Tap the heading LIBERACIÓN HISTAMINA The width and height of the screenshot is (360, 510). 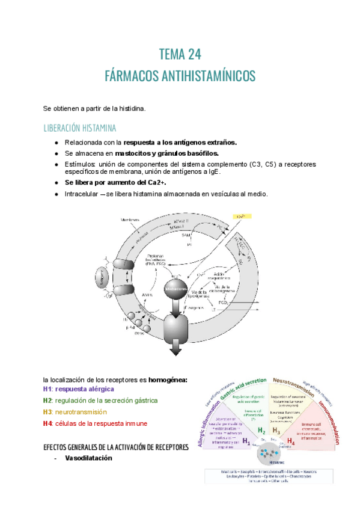tap(80, 128)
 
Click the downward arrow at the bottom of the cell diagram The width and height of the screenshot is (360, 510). tap(176, 349)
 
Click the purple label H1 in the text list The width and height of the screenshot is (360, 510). tap(47, 389)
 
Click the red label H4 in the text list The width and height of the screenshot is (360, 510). tap(47, 423)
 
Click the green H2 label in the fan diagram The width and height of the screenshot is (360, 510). tap(261, 431)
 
